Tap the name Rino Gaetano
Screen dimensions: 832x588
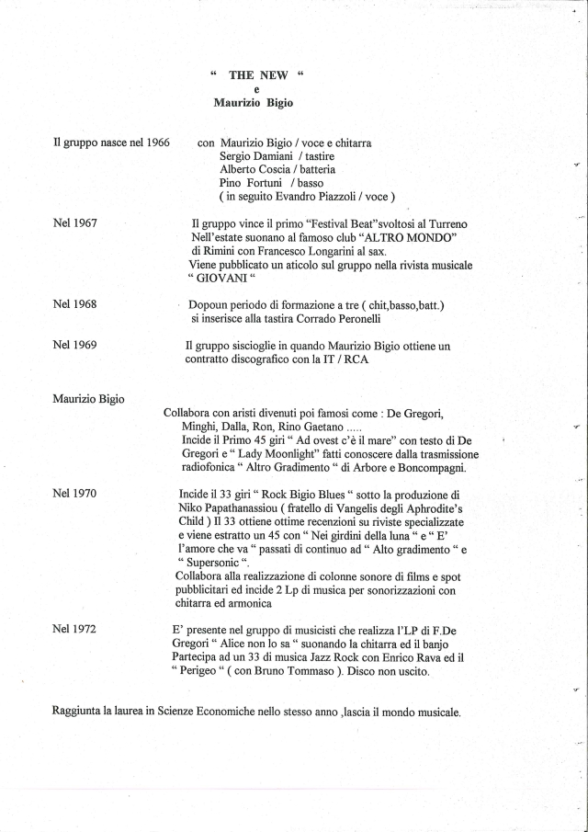(340, 427)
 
